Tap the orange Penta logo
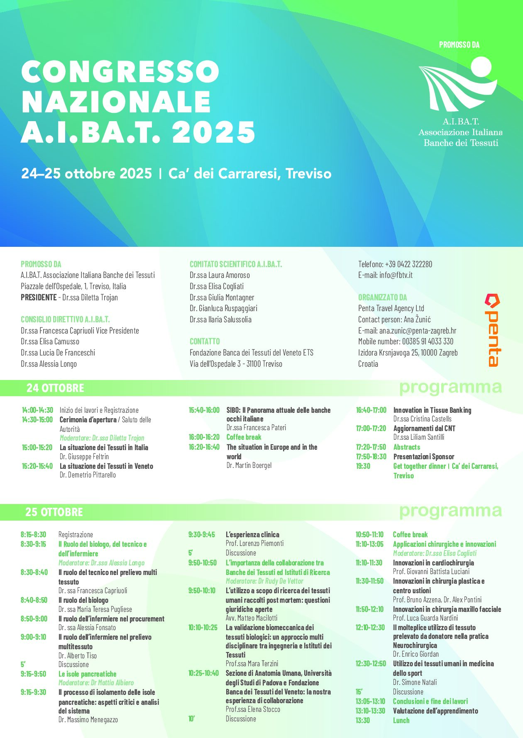pyautogui.click(x=493, y=330)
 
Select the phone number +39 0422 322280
pyautogui.click(x=408, y=264)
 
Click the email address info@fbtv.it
pyautogui.click(x=396, y=275)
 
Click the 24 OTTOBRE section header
pyautogui.click(x=55, y=388)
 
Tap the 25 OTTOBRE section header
pyautogui.click(x=54, y=512)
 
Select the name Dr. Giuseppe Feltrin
pyautogui.click(x=84, y=457)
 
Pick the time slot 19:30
pyautogui.click(x=363, y=466)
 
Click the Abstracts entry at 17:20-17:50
pyautogui.click(x=407, y=447)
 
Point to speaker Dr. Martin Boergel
pyautogui.click(x=249, y=465)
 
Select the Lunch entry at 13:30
pyautogui.click(x=401, y=721)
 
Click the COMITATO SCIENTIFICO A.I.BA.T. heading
pyautogui.click(x=236, y=264)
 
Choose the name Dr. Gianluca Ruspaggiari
pyautogui.click(x=223, y=308)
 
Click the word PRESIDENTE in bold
pyautogui.click(x=39, y=297)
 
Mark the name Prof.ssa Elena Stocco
pyautogui.click(x=253, y=709)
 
